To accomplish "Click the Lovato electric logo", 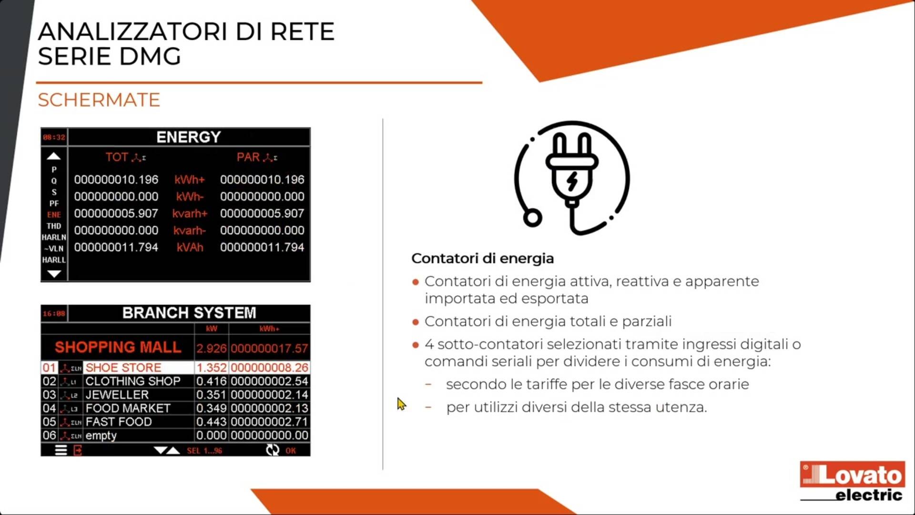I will pos(852,481).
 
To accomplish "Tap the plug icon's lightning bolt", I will pos(572,181).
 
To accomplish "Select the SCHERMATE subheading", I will pos(99,100).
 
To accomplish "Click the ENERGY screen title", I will pos(189,137).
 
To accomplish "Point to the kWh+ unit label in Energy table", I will pos(189,180).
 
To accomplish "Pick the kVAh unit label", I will pos(190,247).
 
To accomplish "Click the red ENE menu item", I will pos(54,215).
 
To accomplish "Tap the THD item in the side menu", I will pos(54,226).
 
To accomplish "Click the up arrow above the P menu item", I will pos(54,156).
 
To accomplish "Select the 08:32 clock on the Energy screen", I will pos(54,137).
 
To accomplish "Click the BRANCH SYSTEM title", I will pos(189,313).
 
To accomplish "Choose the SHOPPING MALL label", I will pos(118,347).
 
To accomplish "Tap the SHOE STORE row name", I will pos(123,368).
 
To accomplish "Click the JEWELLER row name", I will pos(117,395).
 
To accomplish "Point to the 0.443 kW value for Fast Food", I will pos(211,422).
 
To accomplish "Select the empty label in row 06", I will pos(101,435).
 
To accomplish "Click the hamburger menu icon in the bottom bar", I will pos(61,450).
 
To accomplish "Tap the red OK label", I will pos(291,451).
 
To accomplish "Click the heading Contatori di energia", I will pos(482,258).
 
